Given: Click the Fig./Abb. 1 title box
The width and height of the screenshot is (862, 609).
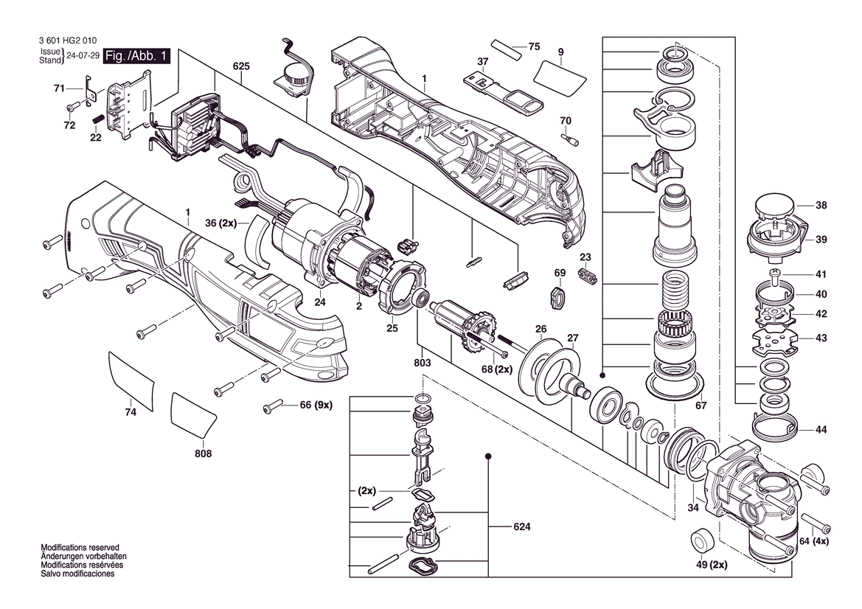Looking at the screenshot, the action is (136, 56).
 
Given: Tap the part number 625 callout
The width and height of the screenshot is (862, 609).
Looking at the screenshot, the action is (241, 66).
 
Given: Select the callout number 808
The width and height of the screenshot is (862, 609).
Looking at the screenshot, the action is (203, 453).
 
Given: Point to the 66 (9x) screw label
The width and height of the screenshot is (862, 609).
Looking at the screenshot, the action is (316, 406).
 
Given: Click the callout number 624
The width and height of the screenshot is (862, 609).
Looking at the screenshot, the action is (522, 526).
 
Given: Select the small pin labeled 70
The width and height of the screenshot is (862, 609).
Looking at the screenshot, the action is (569, 139).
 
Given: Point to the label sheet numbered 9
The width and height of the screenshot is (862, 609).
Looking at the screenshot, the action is (560, 77).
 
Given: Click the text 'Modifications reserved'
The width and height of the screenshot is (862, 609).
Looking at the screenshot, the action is (80, 548).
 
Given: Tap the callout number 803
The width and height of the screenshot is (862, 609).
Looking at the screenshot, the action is (423, 363).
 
